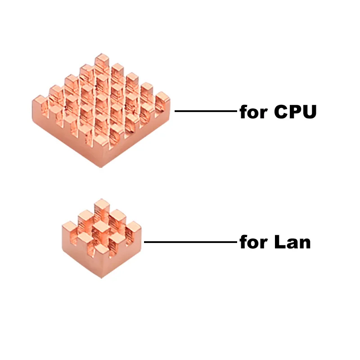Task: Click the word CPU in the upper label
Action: (x=295, y=112)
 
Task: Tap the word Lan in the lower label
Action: (x=292, y=243)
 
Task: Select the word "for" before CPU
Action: (x=253, y=112)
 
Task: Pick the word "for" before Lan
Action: (x=253, y=243)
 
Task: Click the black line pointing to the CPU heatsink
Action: (x=205, y=111)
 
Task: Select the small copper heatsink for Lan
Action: (x=102, y=238)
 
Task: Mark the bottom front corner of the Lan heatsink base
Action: (x=102, y=275)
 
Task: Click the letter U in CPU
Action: (x=309, y=112)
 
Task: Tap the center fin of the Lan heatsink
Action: (x=101, y=227)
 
